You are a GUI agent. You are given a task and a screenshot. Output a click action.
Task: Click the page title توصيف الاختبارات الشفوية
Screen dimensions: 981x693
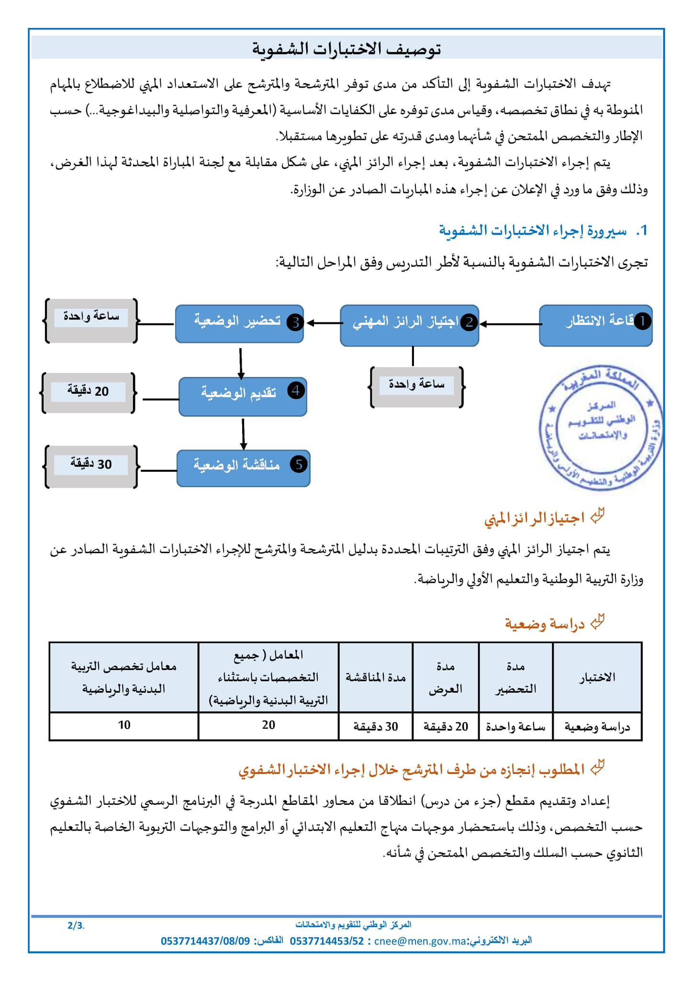click(346, 49)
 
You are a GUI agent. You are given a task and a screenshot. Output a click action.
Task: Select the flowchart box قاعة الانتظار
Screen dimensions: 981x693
click(595, 326)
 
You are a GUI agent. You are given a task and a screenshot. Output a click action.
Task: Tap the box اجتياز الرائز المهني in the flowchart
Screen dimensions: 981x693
click(409, 326)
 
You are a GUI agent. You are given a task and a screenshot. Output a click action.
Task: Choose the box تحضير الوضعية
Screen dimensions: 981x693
click(239, 324)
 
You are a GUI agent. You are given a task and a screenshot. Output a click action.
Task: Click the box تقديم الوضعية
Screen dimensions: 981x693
click(243, 397)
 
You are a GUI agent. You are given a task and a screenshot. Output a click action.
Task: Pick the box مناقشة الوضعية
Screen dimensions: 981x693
click(243, 468)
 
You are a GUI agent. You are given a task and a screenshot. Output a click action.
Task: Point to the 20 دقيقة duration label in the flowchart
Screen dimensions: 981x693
click(89, 392)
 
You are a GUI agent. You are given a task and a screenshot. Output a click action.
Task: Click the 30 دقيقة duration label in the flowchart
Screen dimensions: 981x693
click(91, 465)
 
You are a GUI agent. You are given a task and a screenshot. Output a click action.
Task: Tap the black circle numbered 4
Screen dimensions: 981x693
click(296, 391)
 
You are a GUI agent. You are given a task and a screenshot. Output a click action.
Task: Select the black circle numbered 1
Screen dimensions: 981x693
click(642, 321)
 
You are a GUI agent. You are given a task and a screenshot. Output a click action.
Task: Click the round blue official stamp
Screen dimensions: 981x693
click(601, 428)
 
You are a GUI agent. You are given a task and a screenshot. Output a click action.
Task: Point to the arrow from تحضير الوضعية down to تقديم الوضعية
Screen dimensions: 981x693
click(241, 364)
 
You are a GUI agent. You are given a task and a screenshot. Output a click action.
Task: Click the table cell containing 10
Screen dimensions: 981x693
click(124, 725)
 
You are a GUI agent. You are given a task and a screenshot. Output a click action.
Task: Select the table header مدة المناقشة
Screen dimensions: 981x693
click(376, 677)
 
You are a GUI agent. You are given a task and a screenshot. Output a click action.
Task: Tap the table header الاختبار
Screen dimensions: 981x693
click(597, 677)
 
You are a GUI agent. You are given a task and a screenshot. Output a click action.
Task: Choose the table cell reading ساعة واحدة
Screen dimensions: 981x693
click(515, 727)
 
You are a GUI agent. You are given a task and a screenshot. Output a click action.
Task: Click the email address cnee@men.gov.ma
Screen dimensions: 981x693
click(420, 941)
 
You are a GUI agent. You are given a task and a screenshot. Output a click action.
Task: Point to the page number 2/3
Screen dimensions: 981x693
click(76, 925)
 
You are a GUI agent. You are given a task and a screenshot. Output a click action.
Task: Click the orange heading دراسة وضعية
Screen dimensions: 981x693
click(545, 624)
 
